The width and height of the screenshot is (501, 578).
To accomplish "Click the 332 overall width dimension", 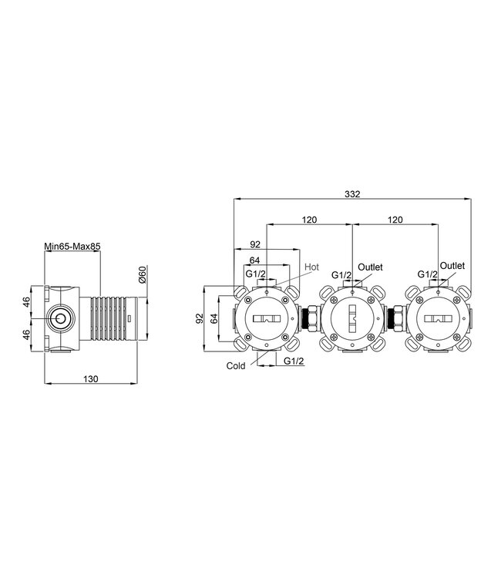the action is (352, 194).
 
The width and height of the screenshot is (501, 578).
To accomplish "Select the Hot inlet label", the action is (311, 267).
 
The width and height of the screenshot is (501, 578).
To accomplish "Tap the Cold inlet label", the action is (236, 365).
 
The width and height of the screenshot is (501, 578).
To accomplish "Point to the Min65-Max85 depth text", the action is (72, 246).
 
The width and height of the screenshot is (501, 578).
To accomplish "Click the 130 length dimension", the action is (91, 379).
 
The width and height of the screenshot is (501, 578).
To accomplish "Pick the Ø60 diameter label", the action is (143, 274).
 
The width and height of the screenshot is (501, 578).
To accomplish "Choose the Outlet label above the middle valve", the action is (370, 267).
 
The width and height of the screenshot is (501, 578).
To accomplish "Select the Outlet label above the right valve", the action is (452, 265).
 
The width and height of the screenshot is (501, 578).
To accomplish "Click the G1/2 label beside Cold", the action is (294, 361).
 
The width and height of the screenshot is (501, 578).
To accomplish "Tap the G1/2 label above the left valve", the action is (255, 274).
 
